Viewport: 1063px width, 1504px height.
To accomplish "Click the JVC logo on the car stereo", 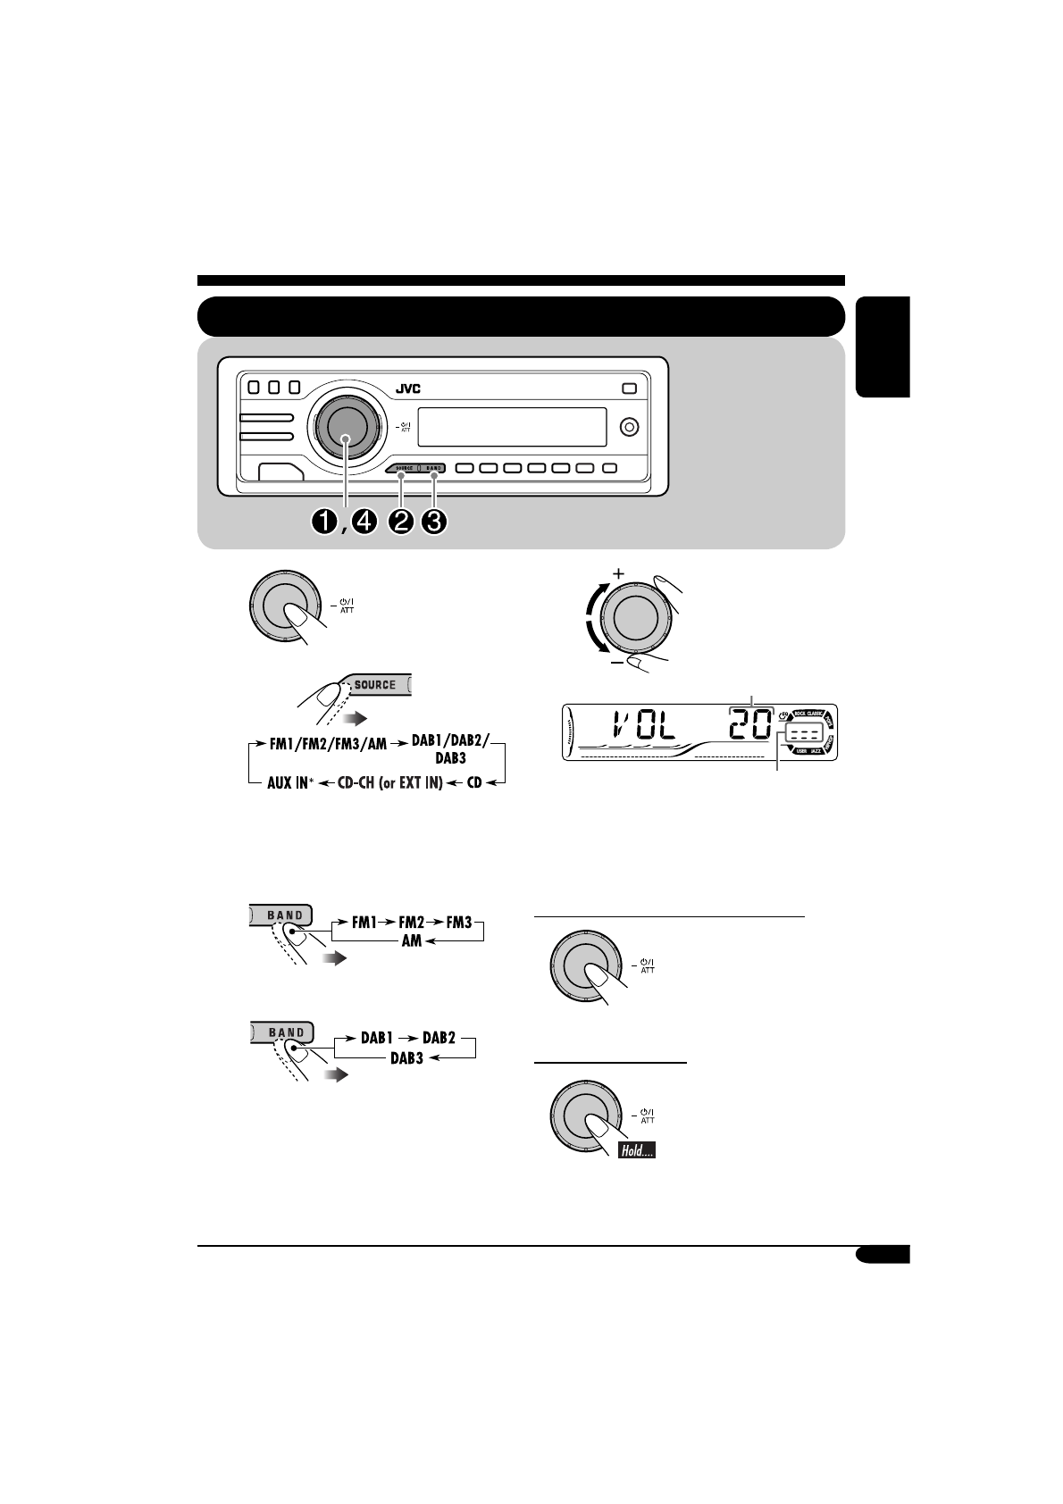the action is pyautogui.click(x=407, y=389).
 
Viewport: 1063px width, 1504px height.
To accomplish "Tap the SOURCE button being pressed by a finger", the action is pyautogui.click(x=377, y=685).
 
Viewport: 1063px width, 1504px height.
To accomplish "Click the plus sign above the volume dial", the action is pyautogui.click(x=616, y=572).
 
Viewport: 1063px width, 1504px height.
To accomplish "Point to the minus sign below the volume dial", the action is pyautogui.click(x=616, y=665).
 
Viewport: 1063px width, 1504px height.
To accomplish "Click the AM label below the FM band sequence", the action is pyautogui.click(x=411, y=942).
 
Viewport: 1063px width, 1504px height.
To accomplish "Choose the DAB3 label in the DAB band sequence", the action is pyautogui.click(x=406, y=1059).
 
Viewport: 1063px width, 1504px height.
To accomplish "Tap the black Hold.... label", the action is pyautogui.click(x=636, y=1152).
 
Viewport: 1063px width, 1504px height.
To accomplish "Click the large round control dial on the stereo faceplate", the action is pyautogui.click(x=347, y=428).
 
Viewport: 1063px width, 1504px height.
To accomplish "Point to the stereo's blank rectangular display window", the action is pyautogui.click(x=512, y=427).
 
